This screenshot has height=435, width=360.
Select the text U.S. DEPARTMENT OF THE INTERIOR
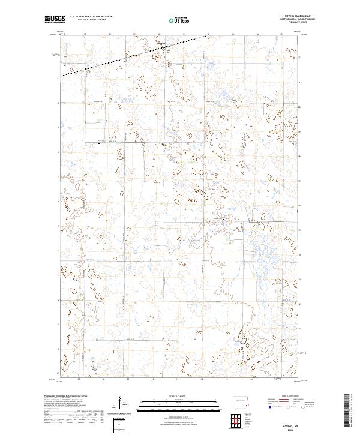point(91,17)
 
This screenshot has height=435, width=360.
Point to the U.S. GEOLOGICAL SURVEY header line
point(91,20)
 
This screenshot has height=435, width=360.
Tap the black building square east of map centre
point(224,218)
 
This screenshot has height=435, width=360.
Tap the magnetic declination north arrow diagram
point(119,404)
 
